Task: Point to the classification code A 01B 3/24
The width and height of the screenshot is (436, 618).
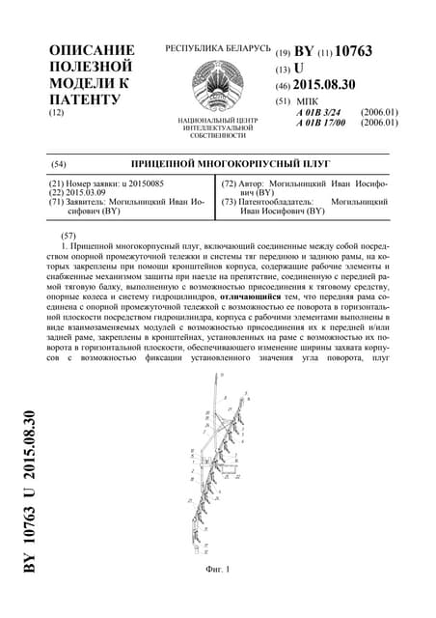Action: pyautogui.click(x=319, y=112)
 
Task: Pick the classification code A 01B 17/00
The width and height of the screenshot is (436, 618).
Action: pyautogui.click(x=321, y=123)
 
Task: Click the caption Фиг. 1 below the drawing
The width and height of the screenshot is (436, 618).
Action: pyautogui.click(x=218, y=572)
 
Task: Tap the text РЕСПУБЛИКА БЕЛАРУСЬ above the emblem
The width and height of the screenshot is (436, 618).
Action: pyautogui.click(x=217, y=47)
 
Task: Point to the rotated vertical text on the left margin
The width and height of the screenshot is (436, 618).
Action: pyautogui.click(x=30, y=492)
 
